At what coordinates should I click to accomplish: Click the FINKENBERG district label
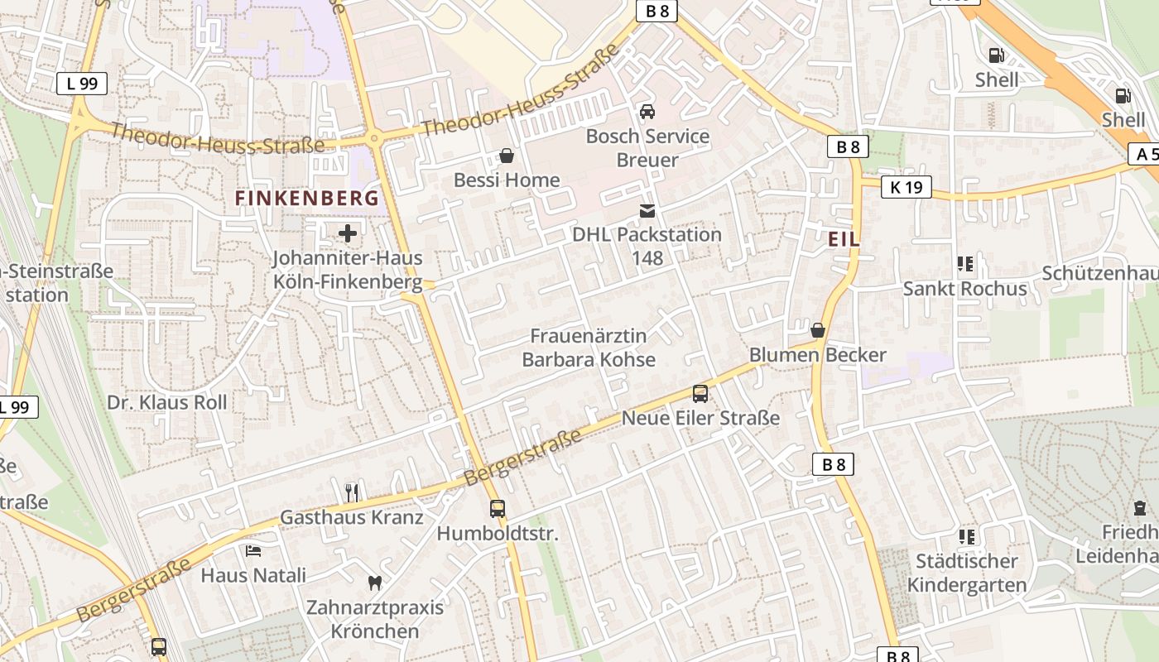click(x=307, y=199)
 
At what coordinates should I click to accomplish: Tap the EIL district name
click(x=844, y=239)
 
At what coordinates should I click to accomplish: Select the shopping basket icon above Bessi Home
click(x=506, y=156)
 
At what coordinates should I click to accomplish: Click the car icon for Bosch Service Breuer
click(x=647, y=112)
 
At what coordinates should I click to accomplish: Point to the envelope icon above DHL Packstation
click(x=647, y=211)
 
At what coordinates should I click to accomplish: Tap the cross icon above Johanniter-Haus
click(x=348, y=233)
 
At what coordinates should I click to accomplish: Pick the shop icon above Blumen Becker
click(x=818, y=330)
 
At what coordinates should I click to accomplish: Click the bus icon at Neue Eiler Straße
click(x=700, y=394)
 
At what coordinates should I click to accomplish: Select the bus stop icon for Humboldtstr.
click(x=498, y=509)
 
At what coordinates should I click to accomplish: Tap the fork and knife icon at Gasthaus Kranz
click(x=353, y=493)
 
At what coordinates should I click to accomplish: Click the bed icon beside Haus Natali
click(x=253, y=550)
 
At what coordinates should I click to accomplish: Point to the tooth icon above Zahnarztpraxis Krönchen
click(x=374, y=583)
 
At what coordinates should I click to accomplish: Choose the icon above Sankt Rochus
click(x=964, y=265)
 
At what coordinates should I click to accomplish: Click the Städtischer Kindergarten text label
click(x=966, y=573)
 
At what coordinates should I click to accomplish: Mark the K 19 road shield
click(x=907, y=187)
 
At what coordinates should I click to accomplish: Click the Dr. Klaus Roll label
click(x=166, y=402)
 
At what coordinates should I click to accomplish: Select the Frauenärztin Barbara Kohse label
click(x=588, y=348)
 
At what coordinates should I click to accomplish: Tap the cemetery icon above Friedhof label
click(x=1140, y=508)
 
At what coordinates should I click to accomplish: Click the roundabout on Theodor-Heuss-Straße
click(x=374, y=139)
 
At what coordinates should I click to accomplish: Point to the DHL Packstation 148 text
click(x=647, y=246)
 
